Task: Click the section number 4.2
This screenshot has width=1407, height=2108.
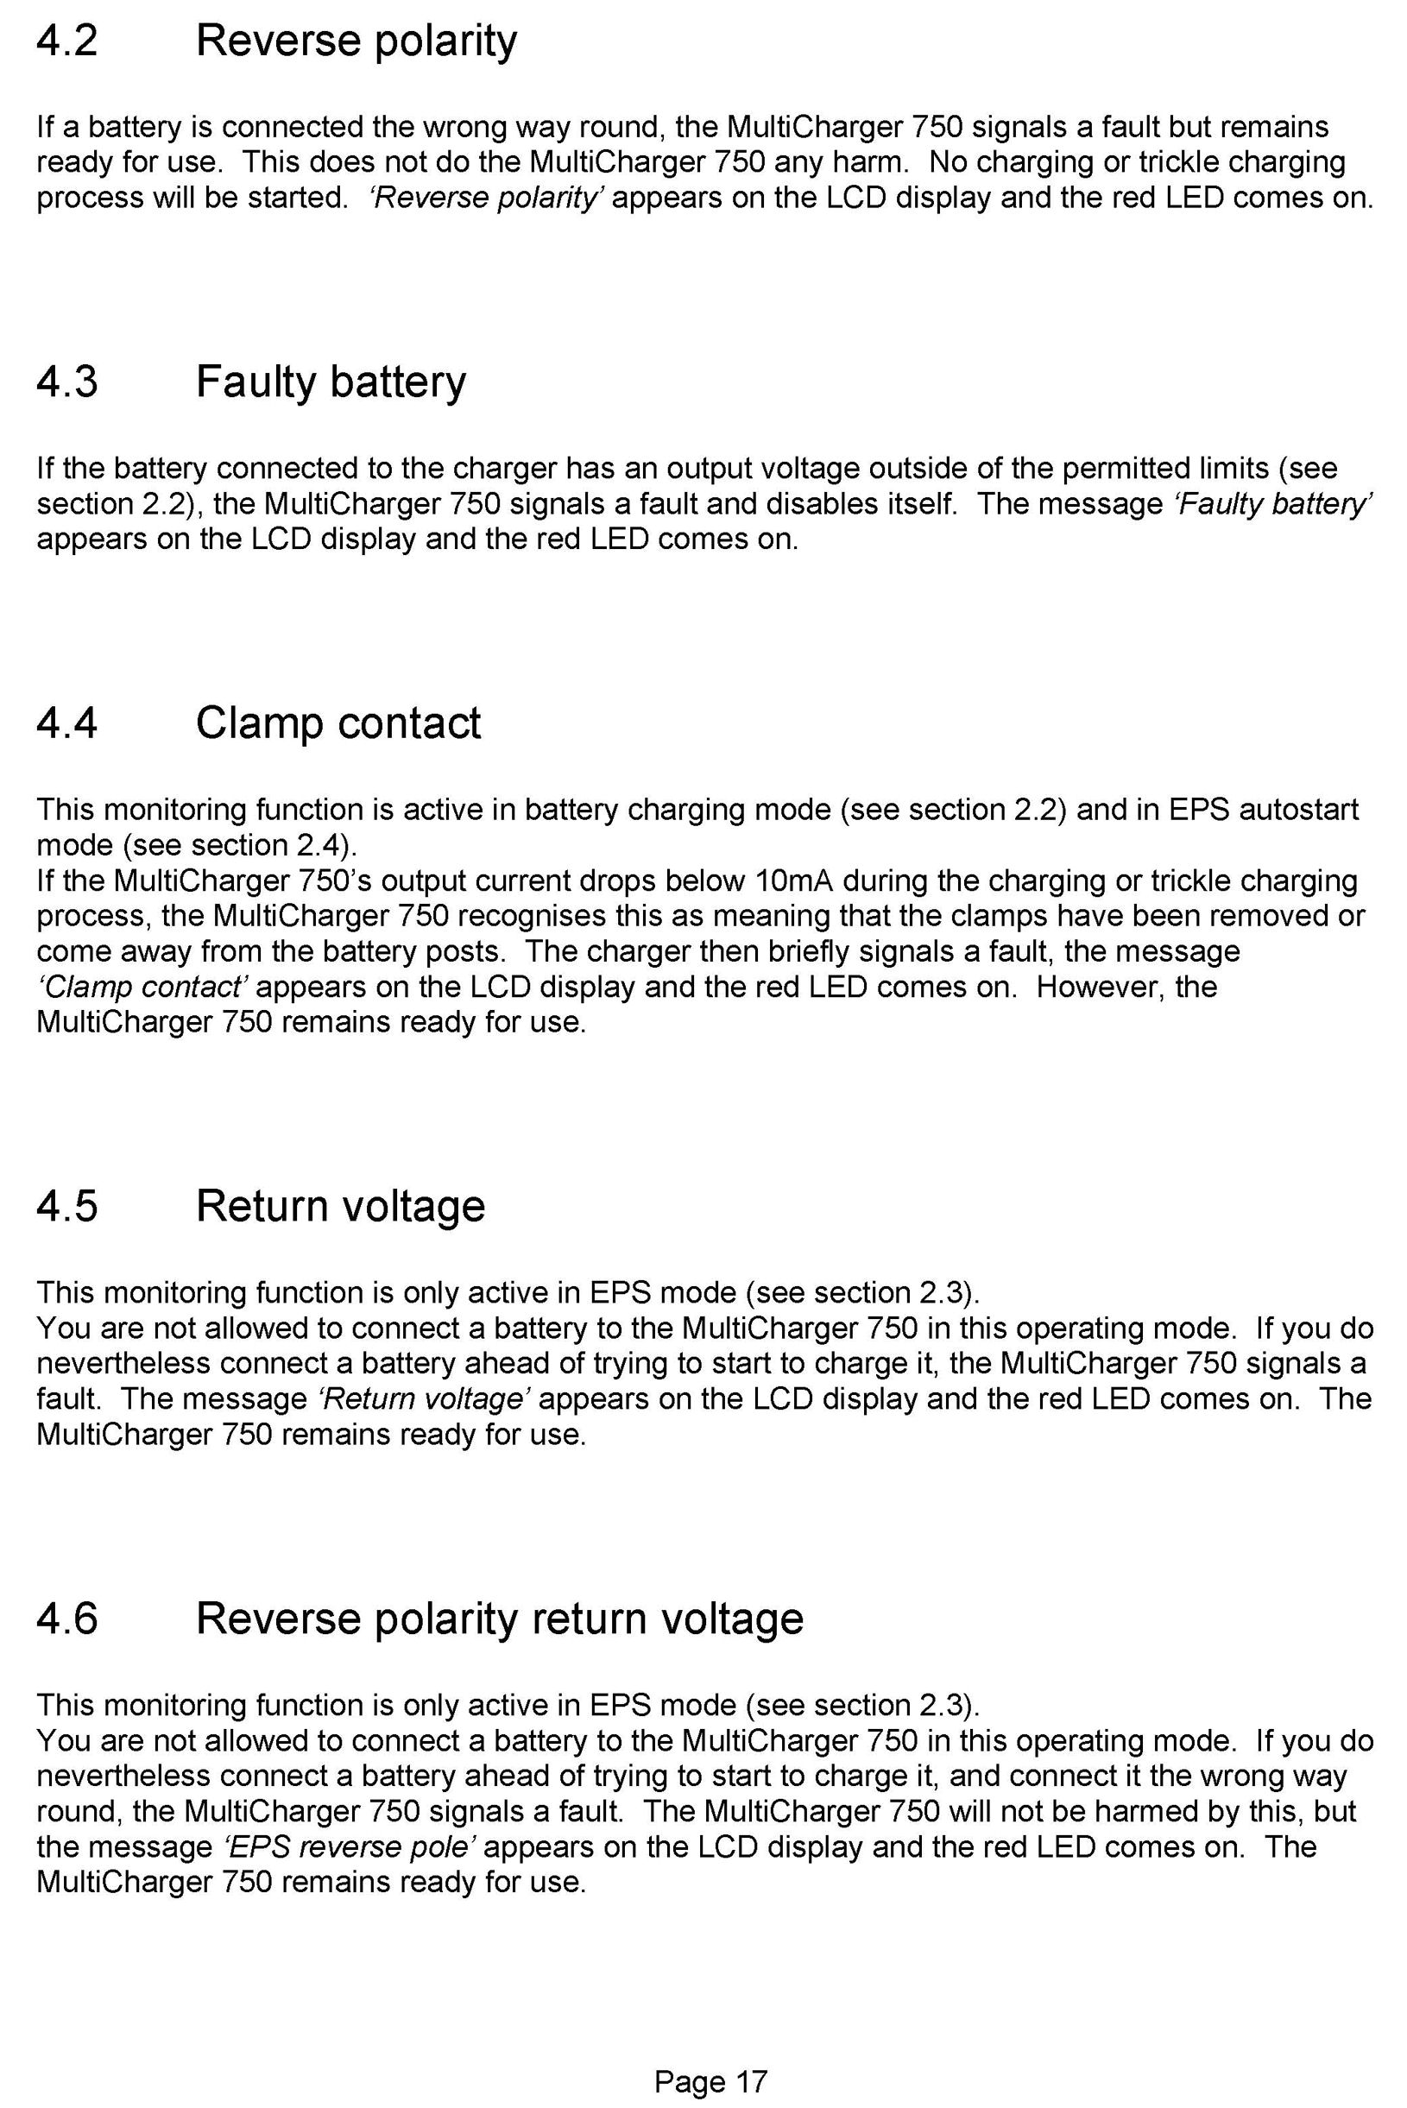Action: point(66,41)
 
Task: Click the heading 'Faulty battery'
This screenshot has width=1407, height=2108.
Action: point(331,382)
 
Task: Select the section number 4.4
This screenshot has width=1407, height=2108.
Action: point(66,723)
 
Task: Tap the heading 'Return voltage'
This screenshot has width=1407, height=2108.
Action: point(340,1205)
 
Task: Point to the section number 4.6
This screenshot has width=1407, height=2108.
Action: point(66,1618)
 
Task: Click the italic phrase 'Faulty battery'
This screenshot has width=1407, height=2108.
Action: point(1272,504)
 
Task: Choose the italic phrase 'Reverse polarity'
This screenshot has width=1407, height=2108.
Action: point(484,198)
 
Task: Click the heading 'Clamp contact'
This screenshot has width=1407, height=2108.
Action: point(338,723)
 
